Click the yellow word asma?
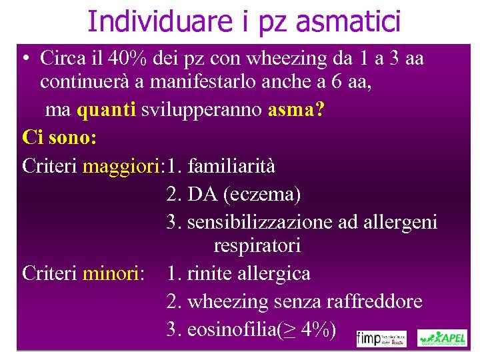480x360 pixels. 296,110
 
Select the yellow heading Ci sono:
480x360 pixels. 59,138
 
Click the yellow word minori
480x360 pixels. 113,273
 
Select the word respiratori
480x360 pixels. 257,246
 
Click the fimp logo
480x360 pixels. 382,338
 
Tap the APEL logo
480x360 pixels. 442,338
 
